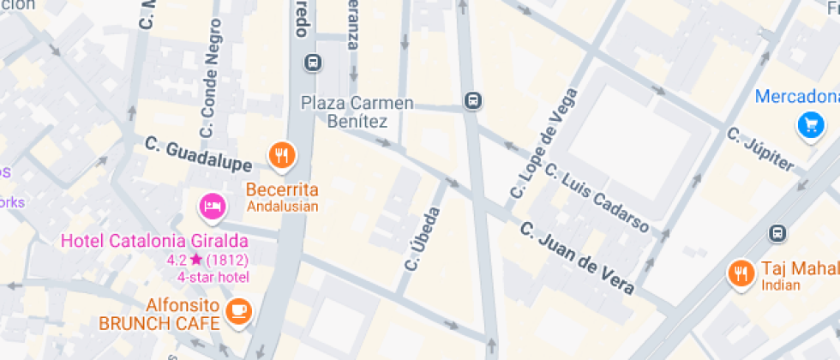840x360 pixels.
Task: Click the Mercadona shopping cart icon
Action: (x=809, y=126)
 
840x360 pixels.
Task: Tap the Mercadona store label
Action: (x=796, y=96)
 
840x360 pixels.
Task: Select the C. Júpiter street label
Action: (x=760, y=148)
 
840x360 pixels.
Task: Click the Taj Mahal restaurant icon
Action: (x=740, y=273)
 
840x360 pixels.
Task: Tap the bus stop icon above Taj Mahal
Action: (x=777, y=232)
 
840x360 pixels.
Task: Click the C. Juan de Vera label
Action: (x=578, y=258)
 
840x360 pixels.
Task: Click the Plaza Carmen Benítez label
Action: (x=357, y=112)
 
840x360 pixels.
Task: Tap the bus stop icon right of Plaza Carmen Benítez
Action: (x=471, y=101)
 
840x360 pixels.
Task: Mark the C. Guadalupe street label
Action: (x=198, y=153)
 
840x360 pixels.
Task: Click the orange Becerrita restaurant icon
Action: (x=281, y=155)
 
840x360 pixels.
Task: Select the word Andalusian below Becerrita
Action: (x=283, y=206)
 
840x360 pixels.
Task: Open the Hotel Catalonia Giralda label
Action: (x=154, y=241)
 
